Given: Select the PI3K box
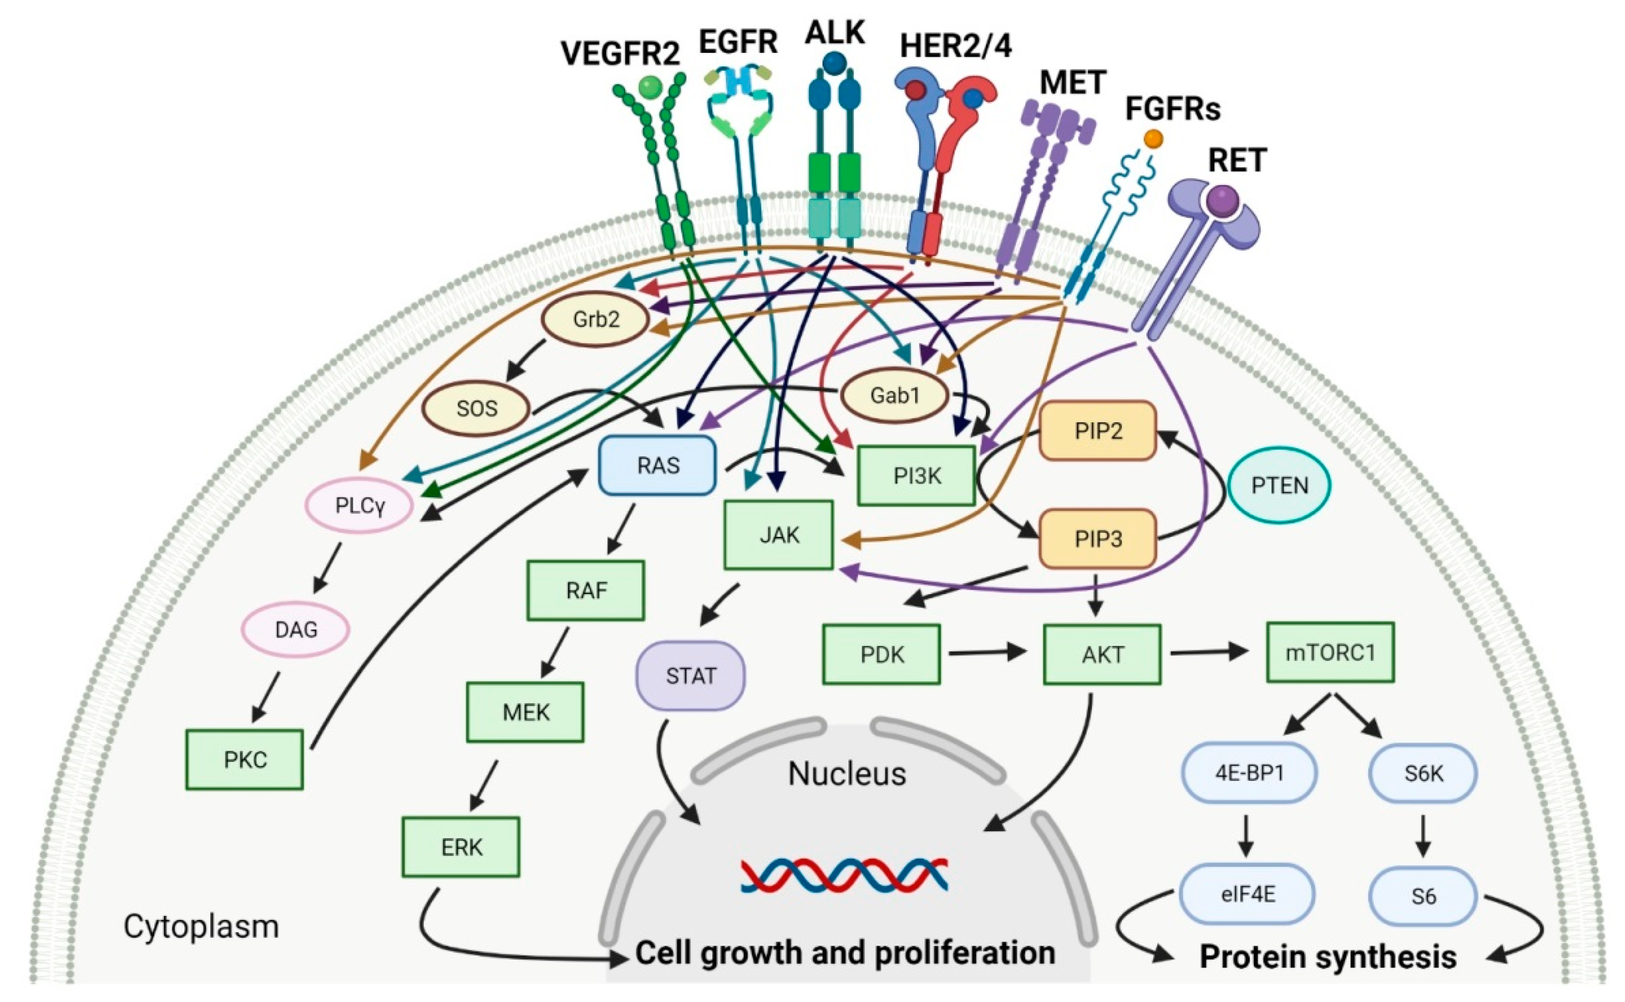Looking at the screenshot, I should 916,476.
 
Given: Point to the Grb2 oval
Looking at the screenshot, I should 596,319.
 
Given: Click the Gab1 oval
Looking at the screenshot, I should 895,395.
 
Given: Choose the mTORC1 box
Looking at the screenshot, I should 1330,653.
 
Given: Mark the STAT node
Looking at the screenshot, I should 690,676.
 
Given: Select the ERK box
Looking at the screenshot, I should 461,847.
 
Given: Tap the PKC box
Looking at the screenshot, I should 245,759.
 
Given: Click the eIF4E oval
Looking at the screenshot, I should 1247,894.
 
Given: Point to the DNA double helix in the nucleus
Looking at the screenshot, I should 844,875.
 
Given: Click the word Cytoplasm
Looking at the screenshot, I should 201,926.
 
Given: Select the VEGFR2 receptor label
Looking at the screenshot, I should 620,53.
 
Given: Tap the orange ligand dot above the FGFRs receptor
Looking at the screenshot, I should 1153,138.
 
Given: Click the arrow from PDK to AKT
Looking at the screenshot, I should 987,653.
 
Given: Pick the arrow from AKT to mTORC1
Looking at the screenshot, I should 1209,653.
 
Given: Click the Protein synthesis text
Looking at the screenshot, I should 1328,957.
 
